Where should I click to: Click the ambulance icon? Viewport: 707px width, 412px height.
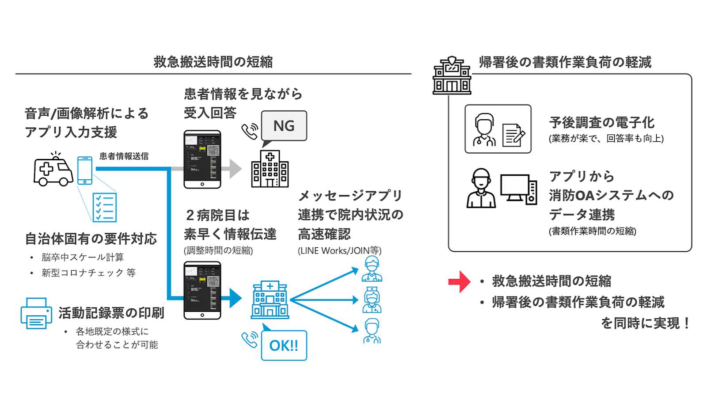[53, 170]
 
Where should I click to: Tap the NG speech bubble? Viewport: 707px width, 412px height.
[284, 126]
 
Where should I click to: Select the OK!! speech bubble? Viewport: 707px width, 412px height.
[284, 345]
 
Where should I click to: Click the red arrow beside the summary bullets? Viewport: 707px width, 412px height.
[460, 282]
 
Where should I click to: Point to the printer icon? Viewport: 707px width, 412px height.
[36, 314]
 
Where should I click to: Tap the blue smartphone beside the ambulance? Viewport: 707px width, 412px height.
[85, 170]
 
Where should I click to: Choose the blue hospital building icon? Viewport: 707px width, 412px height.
[270, 300]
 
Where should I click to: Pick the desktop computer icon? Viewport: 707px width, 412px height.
[518, 189]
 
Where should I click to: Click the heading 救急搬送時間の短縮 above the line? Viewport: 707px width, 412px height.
[213, 62]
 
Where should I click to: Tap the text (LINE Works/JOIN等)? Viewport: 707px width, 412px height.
[339, 251]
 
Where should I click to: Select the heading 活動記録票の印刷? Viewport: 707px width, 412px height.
[111, 313]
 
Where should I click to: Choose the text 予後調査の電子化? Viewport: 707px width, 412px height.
[601, 122]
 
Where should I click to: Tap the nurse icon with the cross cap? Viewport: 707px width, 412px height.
[372, 300]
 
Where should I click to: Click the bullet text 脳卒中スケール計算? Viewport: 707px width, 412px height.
[83, 257]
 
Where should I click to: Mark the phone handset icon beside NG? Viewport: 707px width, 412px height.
[250, 131]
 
